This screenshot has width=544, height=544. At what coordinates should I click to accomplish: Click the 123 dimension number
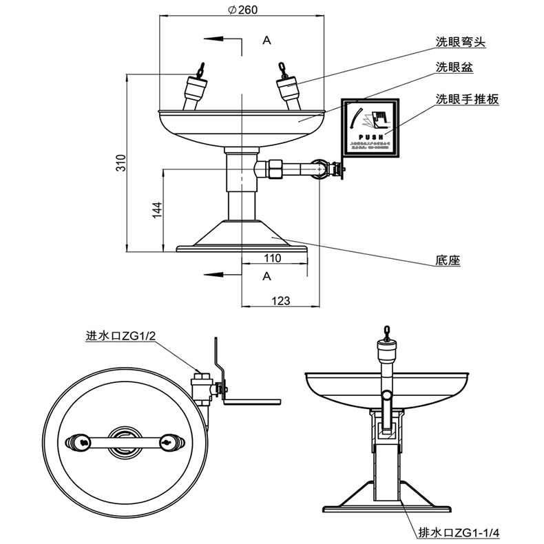[280, 300]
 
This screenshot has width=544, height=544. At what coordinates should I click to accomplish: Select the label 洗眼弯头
[461, 42]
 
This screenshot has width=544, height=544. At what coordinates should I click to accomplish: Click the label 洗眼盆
[454, 67]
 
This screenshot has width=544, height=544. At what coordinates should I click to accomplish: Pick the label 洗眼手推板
[467, 98]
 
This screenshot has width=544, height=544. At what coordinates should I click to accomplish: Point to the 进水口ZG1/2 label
[118, 336]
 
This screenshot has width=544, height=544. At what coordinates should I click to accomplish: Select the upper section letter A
[266, 41]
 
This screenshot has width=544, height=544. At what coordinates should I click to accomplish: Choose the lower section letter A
[266, 275]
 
